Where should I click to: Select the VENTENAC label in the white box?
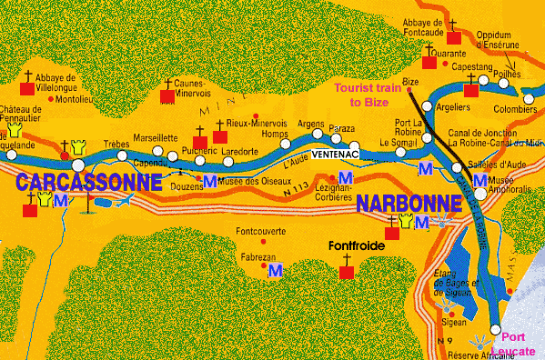pyautogui.click(x=333, y=154)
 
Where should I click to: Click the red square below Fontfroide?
pyautogui.click(x=346, y=273)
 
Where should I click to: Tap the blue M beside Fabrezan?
pyautogui.click(x=274, y=269)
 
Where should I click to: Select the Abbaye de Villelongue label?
pyautogui.click(x=62, y=84)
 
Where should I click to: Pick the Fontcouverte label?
pyautogui.click(x=261, y=233)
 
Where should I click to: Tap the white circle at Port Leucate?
pyautogui.click(x=496, y=329)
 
